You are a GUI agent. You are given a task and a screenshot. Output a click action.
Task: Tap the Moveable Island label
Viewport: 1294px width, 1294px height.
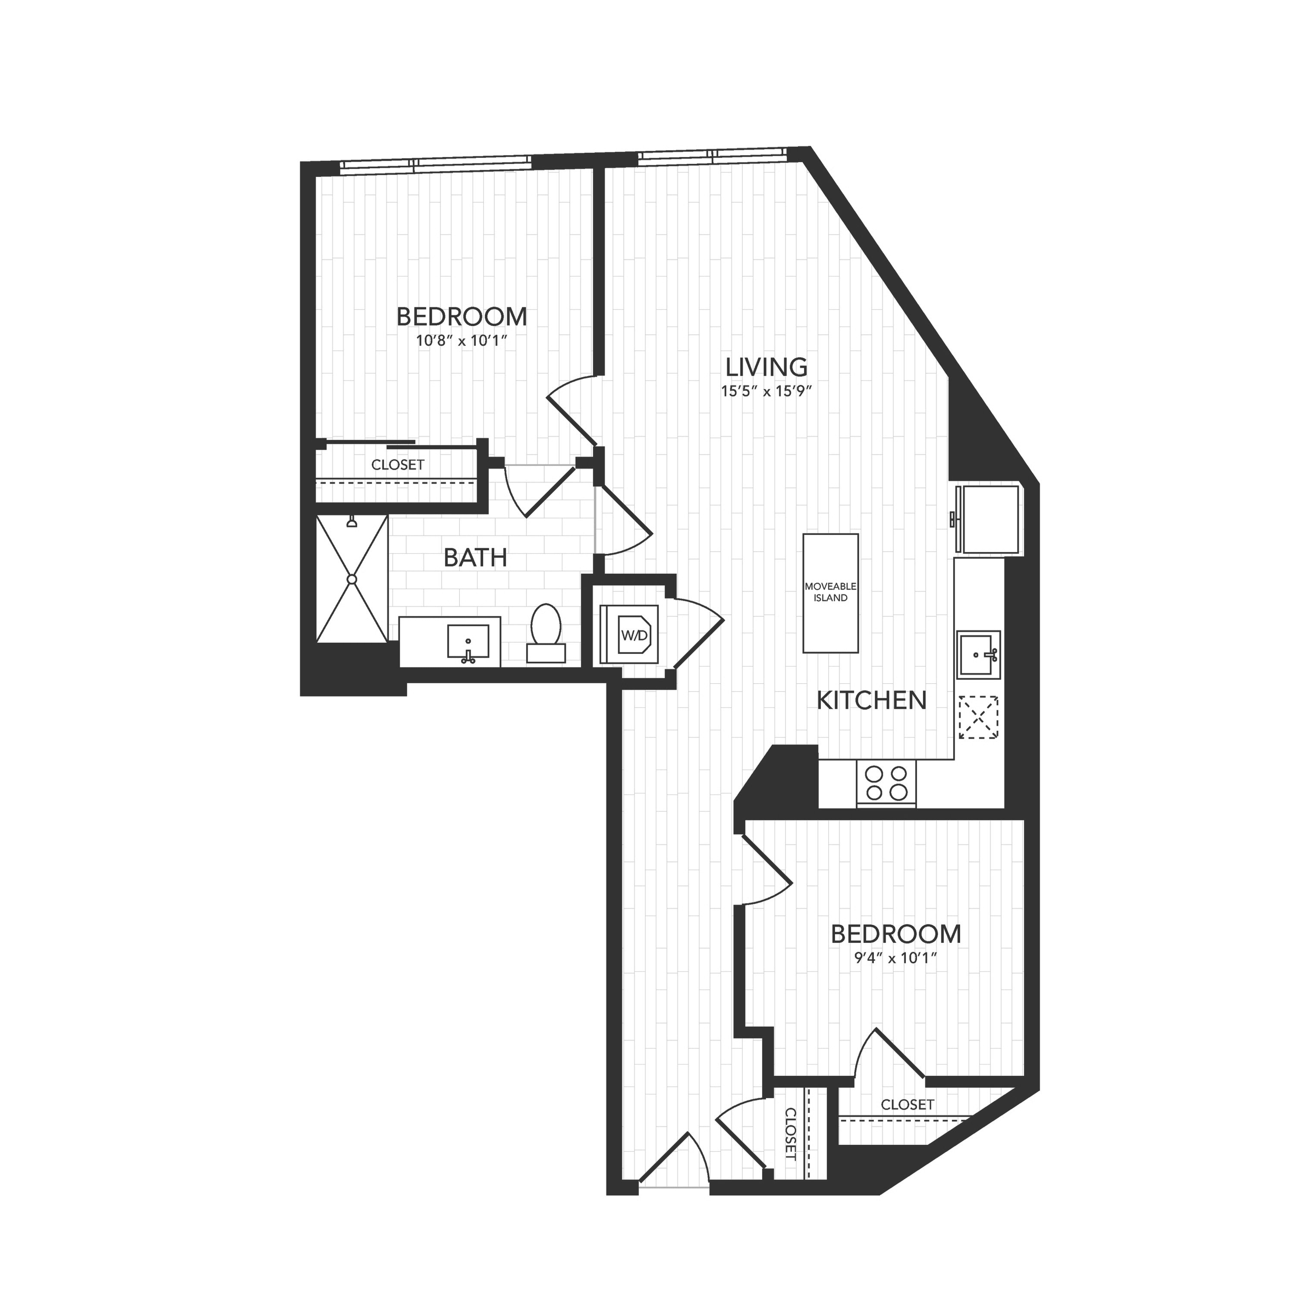[x=830, y=592]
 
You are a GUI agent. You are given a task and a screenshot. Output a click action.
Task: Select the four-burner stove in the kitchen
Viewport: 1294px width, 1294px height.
[x=886, y=783]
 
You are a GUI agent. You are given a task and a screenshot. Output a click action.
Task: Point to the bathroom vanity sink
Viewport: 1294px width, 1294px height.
[x=468, y=642]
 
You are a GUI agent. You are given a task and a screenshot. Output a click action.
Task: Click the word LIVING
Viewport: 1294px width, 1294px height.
[x=767, y=367]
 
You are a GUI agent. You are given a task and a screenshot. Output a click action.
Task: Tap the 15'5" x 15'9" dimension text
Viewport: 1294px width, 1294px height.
[x=766, y=392]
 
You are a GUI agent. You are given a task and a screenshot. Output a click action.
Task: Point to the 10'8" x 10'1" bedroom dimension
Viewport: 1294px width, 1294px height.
[x=462, y=340]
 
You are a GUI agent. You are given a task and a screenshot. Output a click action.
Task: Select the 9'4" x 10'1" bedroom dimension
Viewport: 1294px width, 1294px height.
[x=895, y=958]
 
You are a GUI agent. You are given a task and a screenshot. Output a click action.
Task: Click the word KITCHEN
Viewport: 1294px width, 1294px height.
[x=871, y=700]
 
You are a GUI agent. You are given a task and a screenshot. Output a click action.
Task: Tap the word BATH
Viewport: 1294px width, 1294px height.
[x=475, y=557]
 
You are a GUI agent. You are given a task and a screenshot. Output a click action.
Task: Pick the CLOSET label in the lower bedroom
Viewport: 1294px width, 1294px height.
[x=908, y=1105]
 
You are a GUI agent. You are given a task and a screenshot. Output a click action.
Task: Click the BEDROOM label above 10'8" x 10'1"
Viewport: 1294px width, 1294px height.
[x=462, y=316]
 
